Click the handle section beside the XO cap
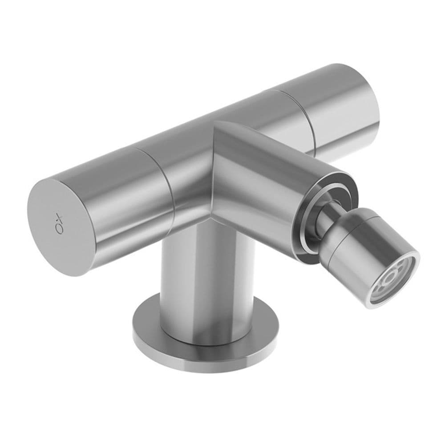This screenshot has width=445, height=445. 116,196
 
